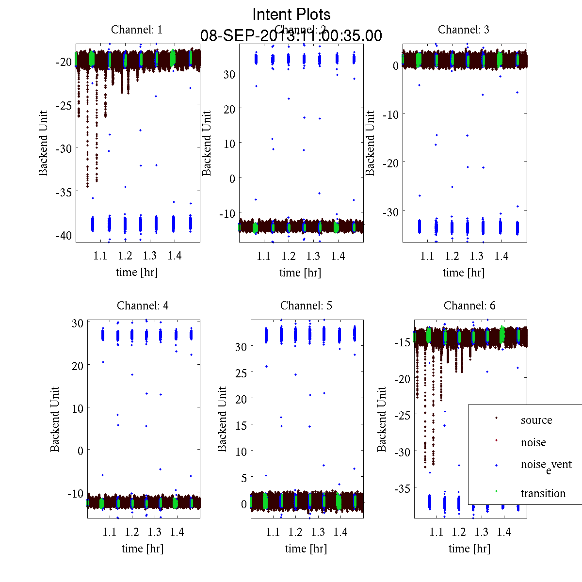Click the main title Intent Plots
291,14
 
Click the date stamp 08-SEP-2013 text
291,36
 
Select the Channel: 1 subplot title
137,30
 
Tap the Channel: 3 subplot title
463,30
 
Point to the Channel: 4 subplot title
143,306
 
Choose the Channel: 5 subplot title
306,306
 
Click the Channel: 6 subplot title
469,306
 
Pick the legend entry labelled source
536,420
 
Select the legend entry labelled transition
543,493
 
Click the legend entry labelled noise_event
546,465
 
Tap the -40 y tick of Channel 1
64,235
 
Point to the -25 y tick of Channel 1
64,105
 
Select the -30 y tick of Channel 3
390,212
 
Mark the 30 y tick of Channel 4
78,323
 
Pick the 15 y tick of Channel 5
241,425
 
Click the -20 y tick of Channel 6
403,379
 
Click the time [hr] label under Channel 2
300,273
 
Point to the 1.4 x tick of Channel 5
340,532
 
